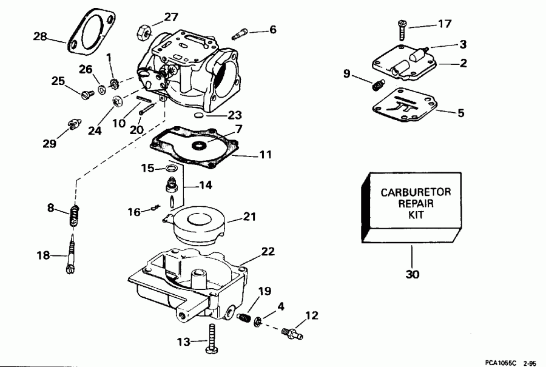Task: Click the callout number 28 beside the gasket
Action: click(40, 38)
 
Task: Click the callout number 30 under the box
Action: click(412, 274)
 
